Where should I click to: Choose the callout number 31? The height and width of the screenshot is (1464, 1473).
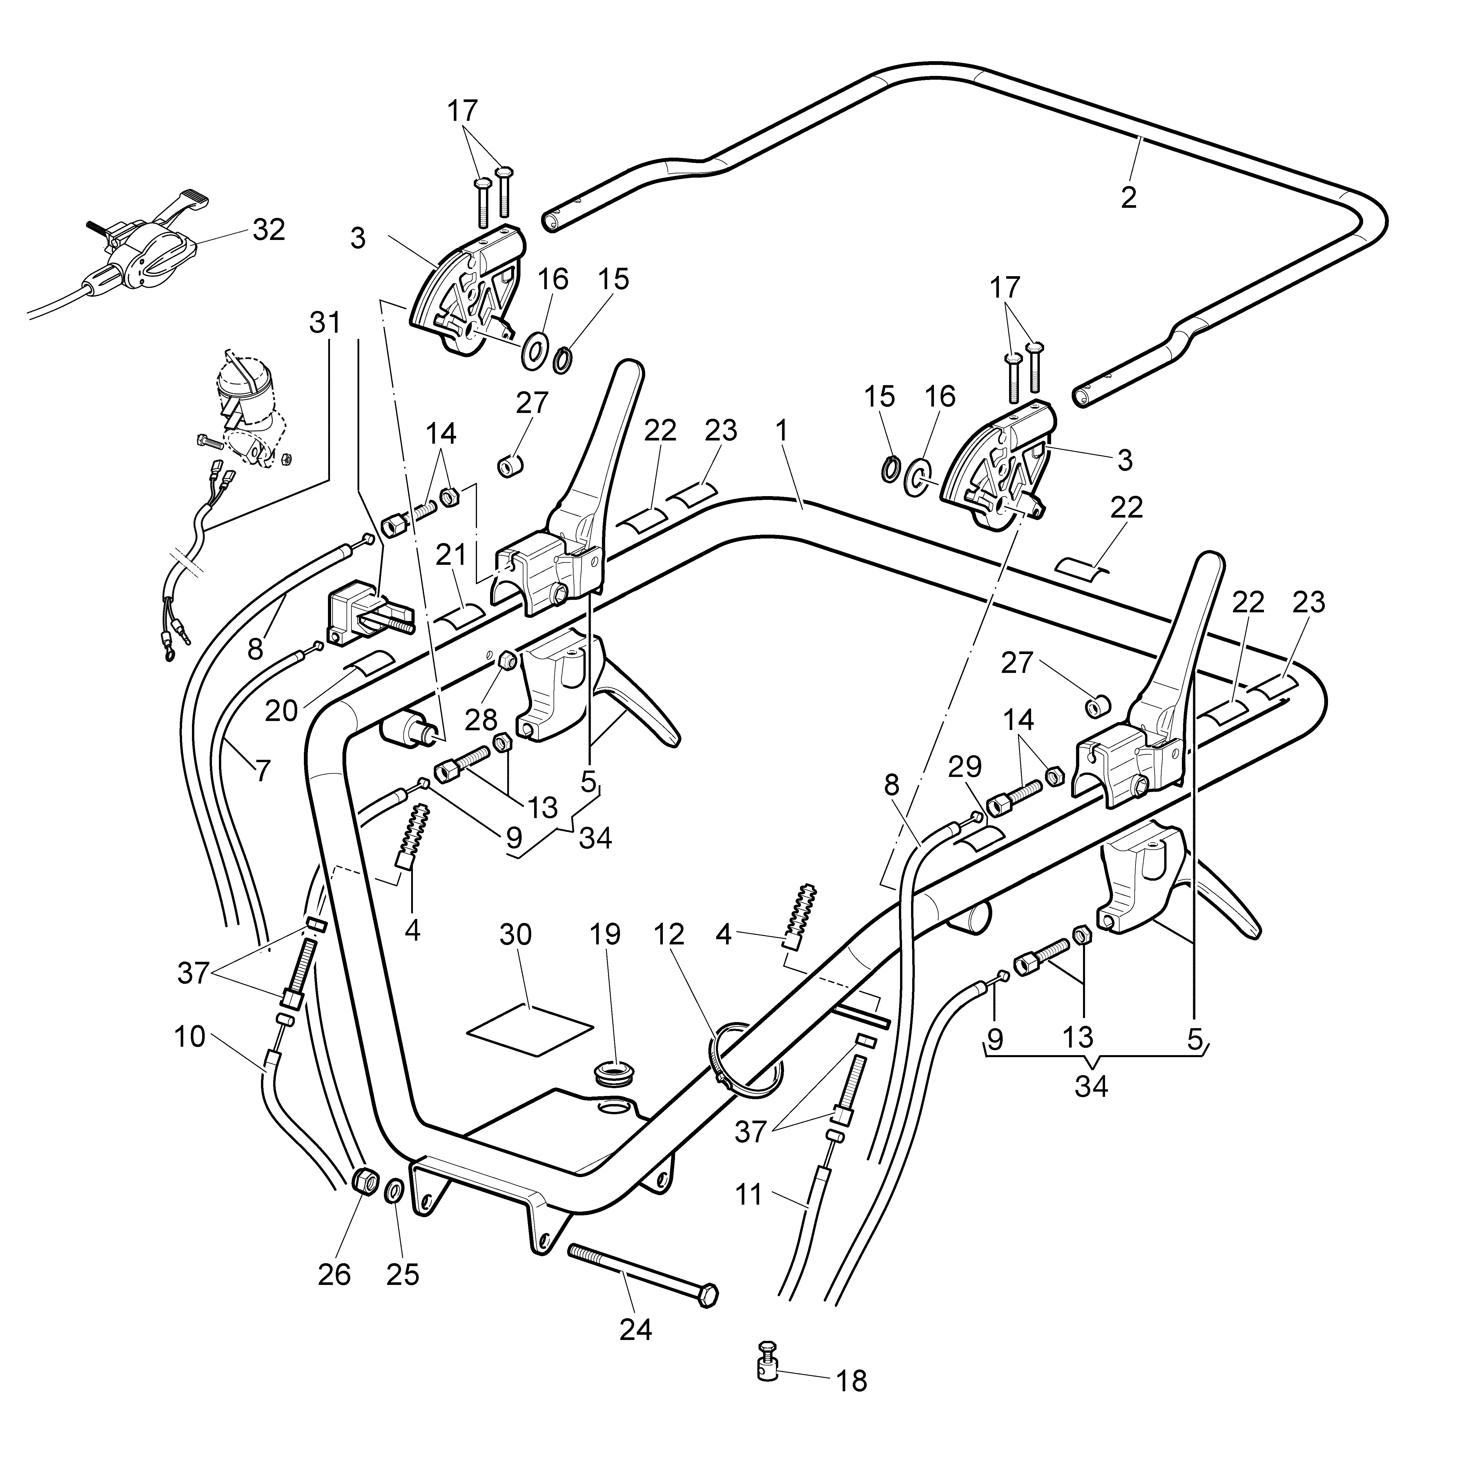click(326, 323)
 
